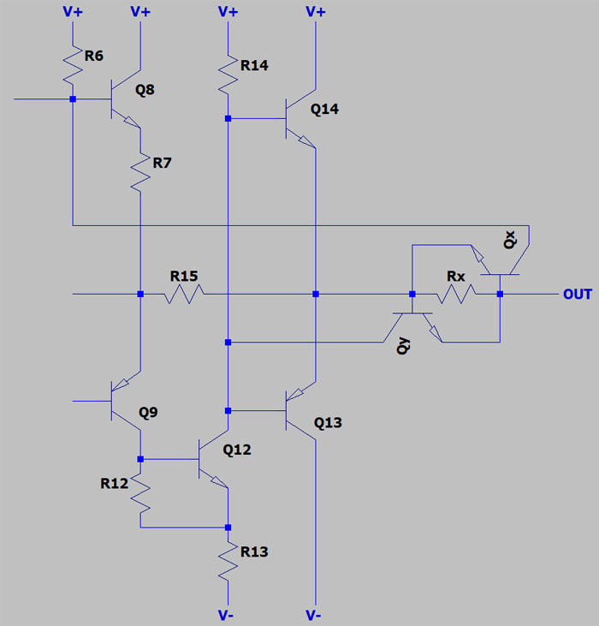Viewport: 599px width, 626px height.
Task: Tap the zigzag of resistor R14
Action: click(x=228, y=74)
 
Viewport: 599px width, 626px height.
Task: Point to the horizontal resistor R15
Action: click(x=185, y=294)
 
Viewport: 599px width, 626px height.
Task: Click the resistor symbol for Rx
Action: click(x=456, y=294)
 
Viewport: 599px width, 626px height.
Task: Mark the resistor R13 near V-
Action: click(x=228, y=561)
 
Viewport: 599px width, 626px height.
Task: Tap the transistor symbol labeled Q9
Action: click(x=124, y=400)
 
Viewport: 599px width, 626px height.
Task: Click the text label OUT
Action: click(x=577, y=295)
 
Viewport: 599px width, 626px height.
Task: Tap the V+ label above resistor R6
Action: click(x=72, y=11)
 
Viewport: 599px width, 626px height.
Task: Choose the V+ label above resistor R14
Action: click(x=228, y=11)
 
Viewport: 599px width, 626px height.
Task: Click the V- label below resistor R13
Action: click(x=228, y=615)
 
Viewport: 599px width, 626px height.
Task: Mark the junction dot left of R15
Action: click(x=139, y=294)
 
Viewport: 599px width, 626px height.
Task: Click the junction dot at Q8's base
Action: click(x=72, y=99)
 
